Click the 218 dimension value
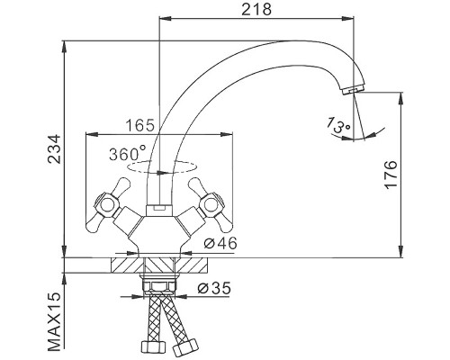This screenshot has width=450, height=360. (x=256, y=10)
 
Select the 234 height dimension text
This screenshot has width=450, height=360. (x=55, y=149)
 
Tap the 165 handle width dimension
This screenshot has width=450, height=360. (x=139, y=125)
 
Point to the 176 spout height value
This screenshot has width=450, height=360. (x=391, y=175)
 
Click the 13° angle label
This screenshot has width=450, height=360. (x=338, y=125)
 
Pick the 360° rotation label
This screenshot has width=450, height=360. (x=128, y=154)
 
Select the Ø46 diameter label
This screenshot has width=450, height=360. (x=220, y=243)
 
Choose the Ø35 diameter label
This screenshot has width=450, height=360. (x=214, y=288)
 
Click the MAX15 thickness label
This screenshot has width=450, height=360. (x=55, y=321)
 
